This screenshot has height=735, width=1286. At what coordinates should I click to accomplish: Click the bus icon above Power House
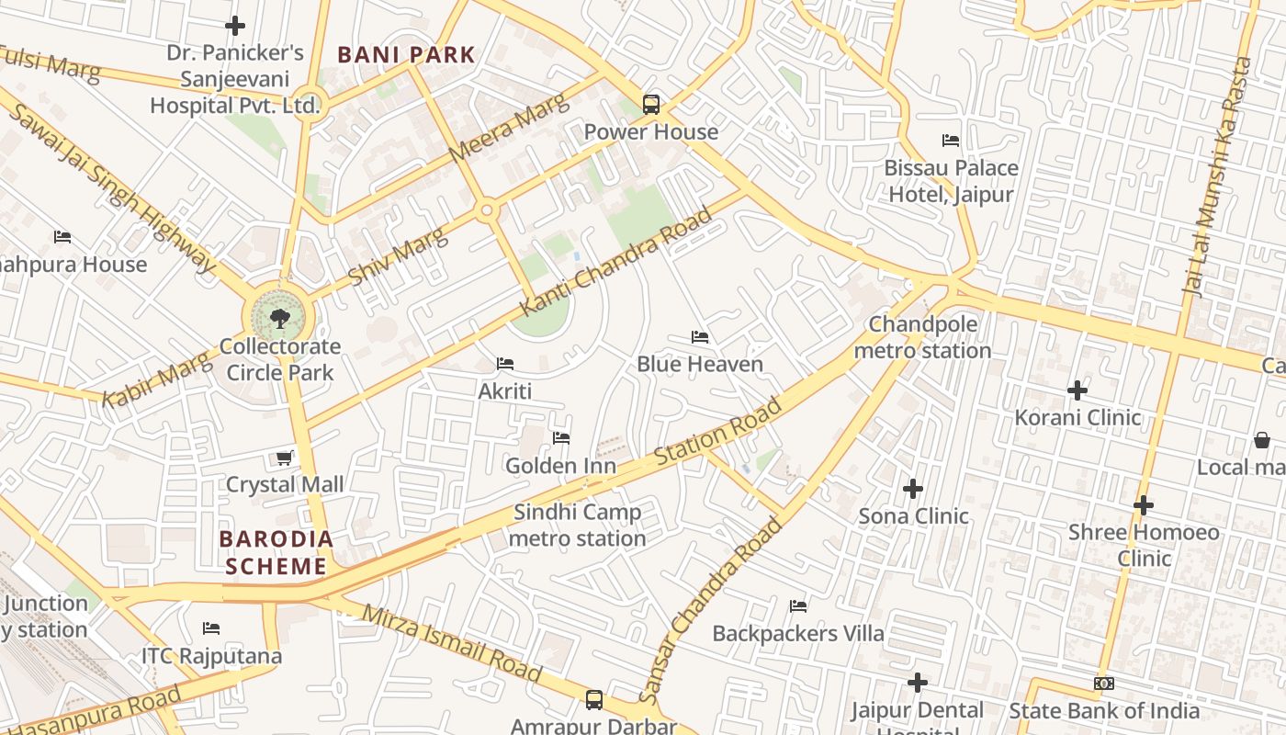pos(650,105)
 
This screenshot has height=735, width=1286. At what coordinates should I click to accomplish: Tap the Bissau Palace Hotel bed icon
pos(951,141)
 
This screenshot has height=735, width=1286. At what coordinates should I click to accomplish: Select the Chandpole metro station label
pos(922,337)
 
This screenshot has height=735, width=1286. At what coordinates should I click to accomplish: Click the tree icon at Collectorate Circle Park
pos(279,319)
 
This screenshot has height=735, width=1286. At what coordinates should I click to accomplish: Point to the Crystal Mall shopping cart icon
pos(285,458)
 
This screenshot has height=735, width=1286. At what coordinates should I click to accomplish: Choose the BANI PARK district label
pos(406,55)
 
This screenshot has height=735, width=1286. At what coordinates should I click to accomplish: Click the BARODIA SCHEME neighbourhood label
pos(276,552)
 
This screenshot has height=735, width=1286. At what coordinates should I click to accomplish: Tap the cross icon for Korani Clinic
pos(1077,390)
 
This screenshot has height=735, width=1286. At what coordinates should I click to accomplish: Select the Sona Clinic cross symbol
pos(913,489)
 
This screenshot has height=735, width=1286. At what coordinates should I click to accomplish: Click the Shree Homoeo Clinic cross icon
pos(1143,505)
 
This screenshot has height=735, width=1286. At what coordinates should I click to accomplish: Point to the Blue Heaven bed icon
pos(700,337)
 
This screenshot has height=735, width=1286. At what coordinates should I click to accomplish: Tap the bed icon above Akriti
pos(504,364)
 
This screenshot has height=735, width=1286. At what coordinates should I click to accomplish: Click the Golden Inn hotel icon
pos(561,438)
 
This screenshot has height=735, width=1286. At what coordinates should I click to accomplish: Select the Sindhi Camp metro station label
pos(577,526)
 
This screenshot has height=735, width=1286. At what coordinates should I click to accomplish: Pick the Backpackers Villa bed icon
pos(798,606)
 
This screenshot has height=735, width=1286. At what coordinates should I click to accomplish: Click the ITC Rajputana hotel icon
pos(211,629)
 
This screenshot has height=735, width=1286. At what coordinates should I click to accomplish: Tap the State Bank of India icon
pos(1104,684)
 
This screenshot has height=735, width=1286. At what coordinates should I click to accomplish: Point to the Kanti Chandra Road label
pos(617,263)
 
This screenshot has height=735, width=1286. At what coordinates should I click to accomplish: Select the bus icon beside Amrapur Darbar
pos(594,700)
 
